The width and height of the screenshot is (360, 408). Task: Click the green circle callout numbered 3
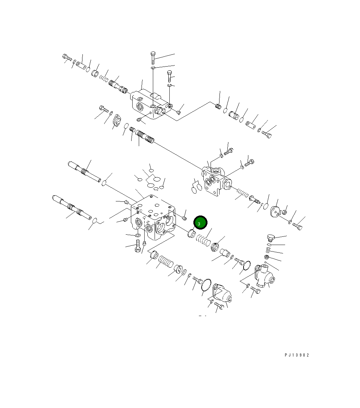(200, 223)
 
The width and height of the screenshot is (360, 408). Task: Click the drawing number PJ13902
(297, 355)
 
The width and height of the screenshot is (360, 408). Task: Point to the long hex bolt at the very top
(153, 58)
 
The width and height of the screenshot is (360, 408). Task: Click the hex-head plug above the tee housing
(271, 238)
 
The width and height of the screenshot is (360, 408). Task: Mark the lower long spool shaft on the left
(72, 207)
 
